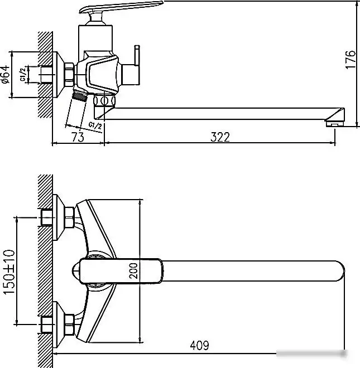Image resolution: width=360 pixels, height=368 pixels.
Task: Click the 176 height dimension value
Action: (x=350, y=60)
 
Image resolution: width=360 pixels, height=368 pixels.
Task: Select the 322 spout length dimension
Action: (x=220, y=137)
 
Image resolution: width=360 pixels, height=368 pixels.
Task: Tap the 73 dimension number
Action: (x=78, y=137)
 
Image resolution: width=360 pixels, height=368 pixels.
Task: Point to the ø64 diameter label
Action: (x=6, y=74)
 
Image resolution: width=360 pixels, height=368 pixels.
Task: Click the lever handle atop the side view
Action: (x=120, y=9)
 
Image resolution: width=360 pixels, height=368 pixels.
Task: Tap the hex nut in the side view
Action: (x=69, y=74)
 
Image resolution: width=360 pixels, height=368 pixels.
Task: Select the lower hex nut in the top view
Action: (x=69, y=322)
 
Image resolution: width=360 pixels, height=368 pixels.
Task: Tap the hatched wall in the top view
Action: (x=45, y=268)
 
